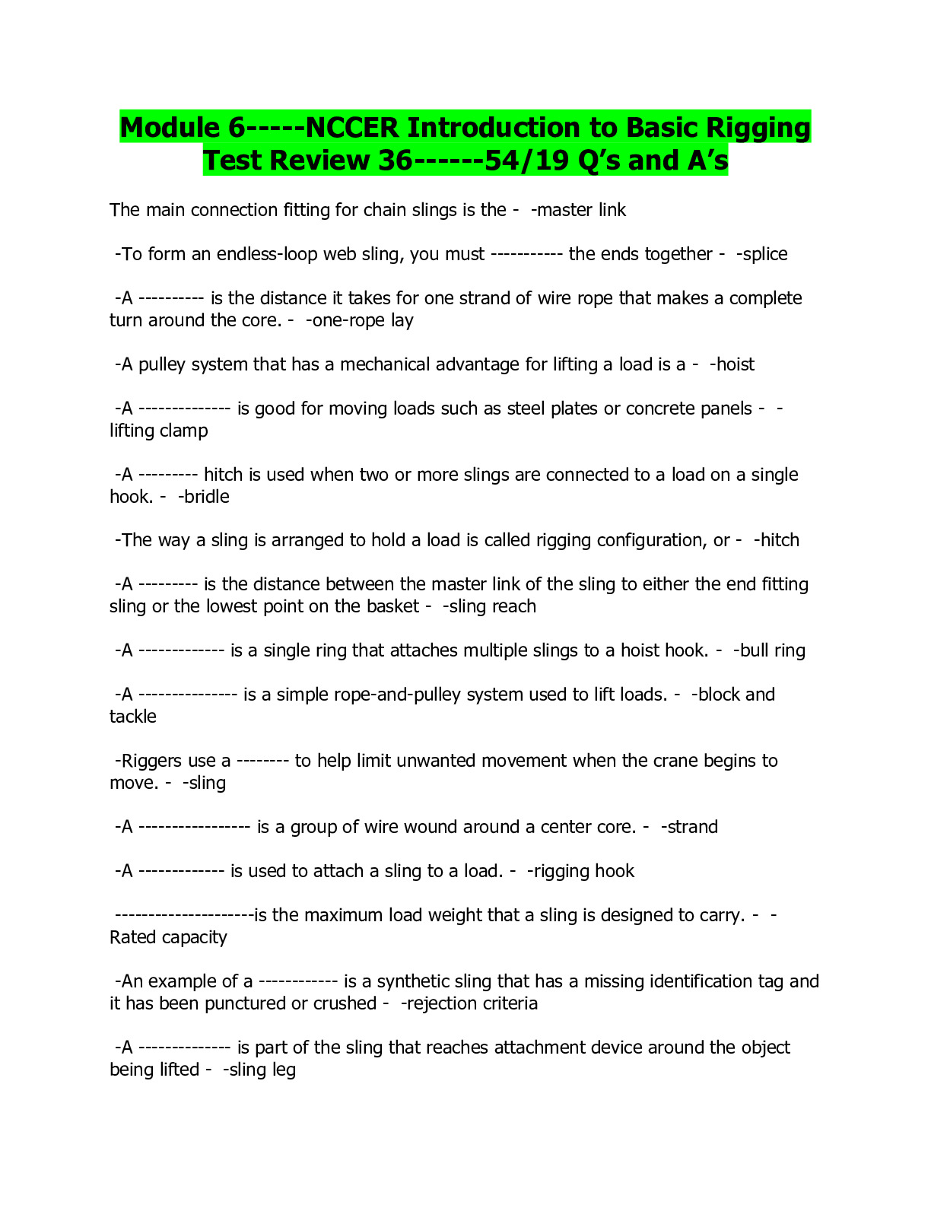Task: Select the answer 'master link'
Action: pos(581,210)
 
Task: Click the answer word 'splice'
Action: pos(764,254)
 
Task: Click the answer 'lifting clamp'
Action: pos(159,431)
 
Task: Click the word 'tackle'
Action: pos(133,717)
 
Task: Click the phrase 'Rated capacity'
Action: pos(168,937)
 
